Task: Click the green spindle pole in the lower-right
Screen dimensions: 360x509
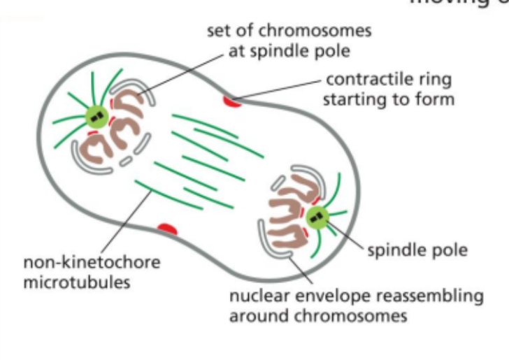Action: [319, 217]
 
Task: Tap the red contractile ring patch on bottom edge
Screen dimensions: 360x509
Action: [166, 229]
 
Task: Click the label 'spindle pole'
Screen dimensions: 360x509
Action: [417, 250]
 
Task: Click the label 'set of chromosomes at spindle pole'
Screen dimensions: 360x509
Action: [289, 41]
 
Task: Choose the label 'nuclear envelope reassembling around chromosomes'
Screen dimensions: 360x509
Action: [356, 305]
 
